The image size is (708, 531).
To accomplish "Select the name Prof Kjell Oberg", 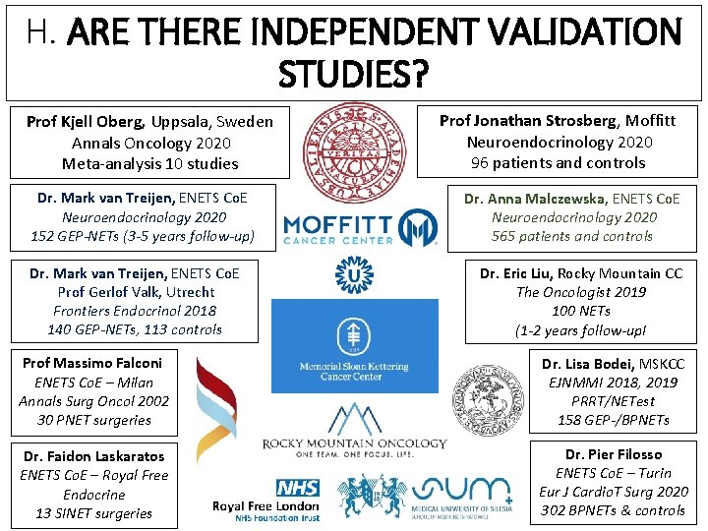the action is coord(86,122).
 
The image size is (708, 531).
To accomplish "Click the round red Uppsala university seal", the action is coord(353,148).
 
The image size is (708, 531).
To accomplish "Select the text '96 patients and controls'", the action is coord(558,162).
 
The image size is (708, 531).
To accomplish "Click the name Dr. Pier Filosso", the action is coord(614,454).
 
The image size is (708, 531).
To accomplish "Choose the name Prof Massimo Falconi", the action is coord(92,363).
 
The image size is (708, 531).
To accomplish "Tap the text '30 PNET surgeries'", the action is coord(93,420).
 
